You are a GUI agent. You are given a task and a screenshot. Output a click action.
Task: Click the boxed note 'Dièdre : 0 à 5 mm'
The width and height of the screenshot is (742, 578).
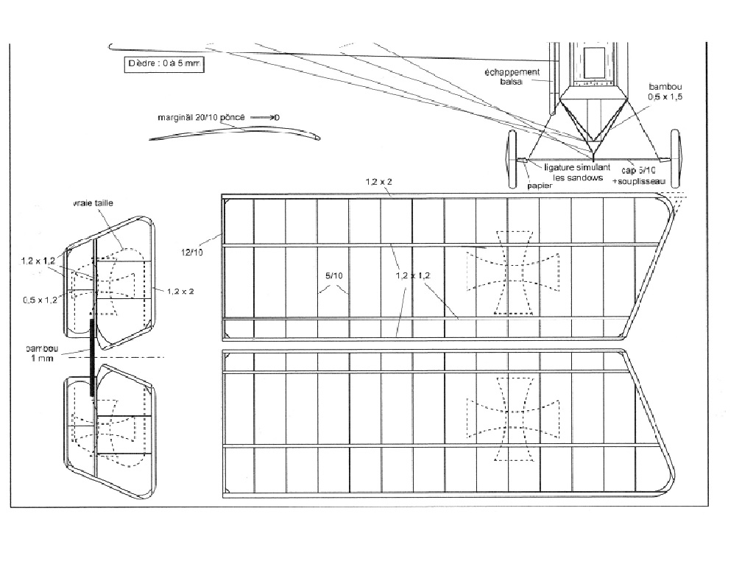163,64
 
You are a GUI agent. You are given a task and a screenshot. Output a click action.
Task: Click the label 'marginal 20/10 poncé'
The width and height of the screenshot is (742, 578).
201,117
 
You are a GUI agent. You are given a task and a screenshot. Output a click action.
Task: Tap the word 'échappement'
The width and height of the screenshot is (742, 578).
512,72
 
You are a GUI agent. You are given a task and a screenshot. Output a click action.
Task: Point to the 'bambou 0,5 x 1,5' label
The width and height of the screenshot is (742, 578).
665,91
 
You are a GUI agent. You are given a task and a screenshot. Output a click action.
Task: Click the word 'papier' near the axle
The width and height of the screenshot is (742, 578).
539,186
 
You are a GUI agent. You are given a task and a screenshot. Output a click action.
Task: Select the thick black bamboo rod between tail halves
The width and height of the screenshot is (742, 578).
92,357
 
